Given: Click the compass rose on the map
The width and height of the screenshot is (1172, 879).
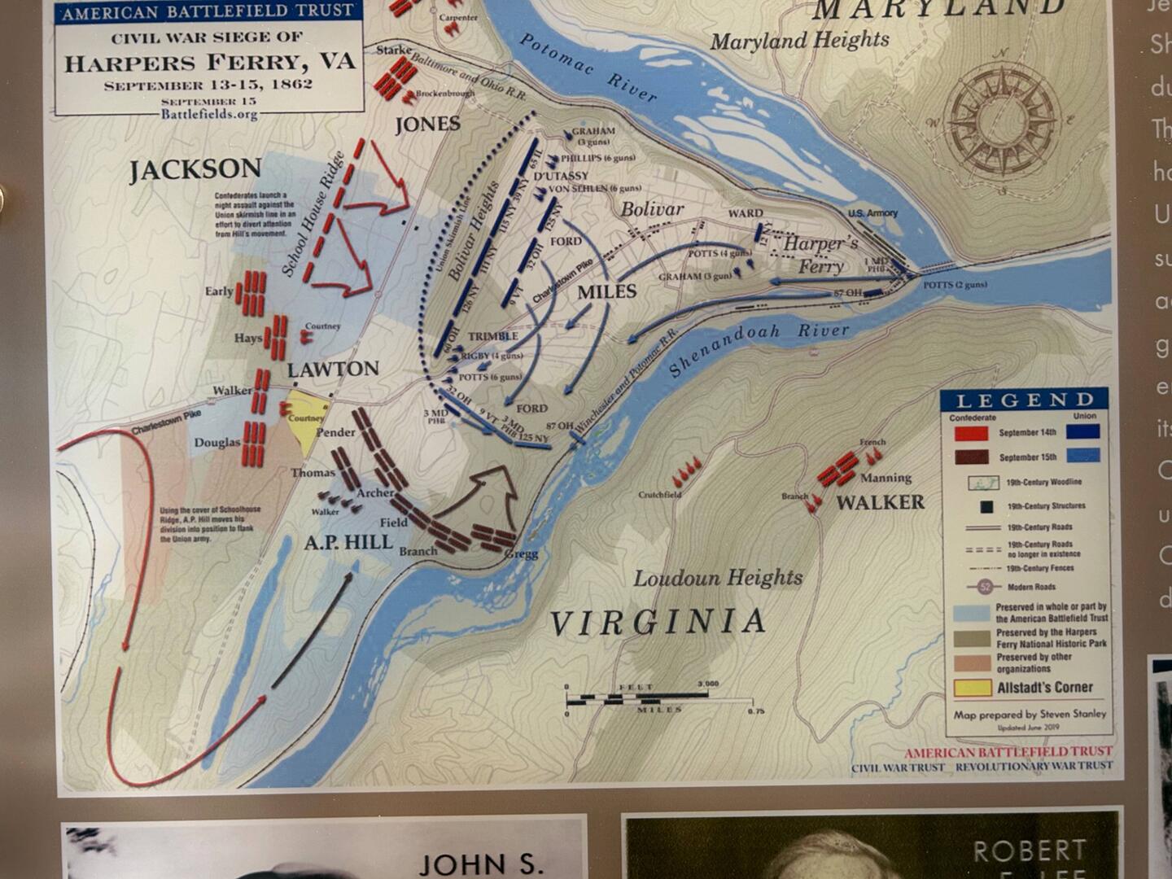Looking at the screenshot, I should (x=1004, y=124).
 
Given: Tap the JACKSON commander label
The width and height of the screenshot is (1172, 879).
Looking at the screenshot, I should (x=195, y=169).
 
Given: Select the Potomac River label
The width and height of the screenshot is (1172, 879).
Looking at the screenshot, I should (x=588, y=68).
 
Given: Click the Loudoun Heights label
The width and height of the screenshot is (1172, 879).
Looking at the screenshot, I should (x=718, y=579).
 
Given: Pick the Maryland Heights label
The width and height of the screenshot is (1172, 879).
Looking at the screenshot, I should (x=799, y=41).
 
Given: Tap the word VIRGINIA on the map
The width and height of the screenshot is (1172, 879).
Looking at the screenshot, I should (x=657, y=623).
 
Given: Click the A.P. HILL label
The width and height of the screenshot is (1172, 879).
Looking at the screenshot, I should (x=348, y=542).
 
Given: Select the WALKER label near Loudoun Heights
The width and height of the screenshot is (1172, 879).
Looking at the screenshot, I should (x=880, y=502).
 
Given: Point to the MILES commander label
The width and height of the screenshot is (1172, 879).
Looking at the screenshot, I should (x=606, y=291).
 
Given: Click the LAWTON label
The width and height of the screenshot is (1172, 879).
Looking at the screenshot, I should (x=333, y=369).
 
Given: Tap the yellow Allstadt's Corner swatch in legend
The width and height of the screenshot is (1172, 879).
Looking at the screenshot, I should (x=972, y=688).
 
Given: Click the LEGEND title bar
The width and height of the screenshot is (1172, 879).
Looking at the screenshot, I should (x=1024, y=400).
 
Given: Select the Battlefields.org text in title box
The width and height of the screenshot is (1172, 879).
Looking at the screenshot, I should (x=208, y=114).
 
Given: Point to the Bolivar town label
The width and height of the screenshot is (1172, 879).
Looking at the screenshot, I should (x=652, y=209).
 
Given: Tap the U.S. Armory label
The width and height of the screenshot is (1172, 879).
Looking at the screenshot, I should (x=872, y=213).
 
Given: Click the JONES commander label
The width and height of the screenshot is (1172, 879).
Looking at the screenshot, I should (x=427, y=125).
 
